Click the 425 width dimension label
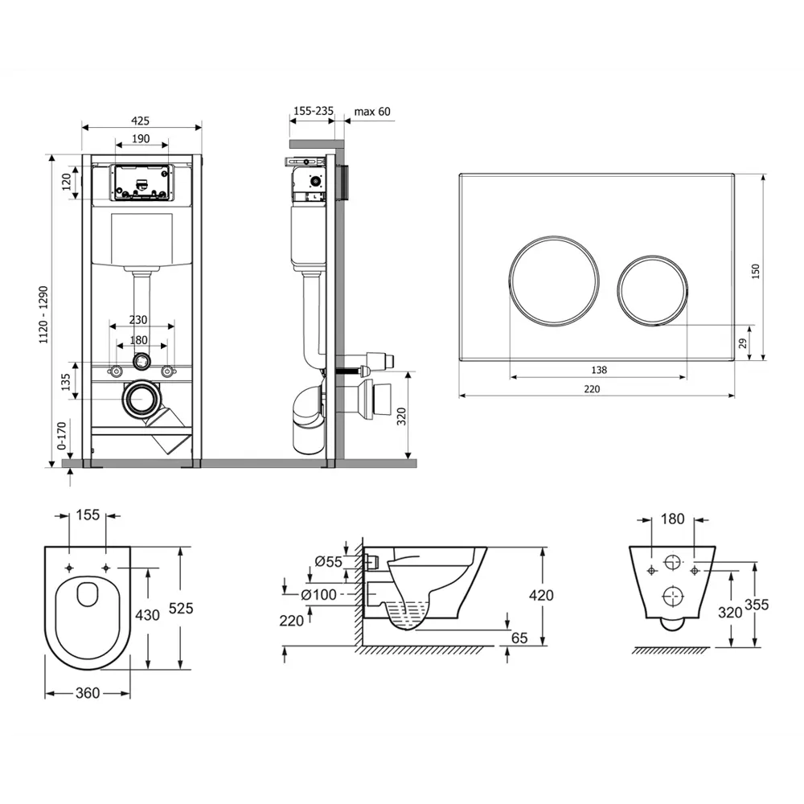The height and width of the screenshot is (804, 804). pyautogui.click(x=140, y=121)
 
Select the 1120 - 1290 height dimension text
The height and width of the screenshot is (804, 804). pyautogui.click(x=43, y=315)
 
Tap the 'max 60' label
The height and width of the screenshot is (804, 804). pyautogui.click(x=371, y=111)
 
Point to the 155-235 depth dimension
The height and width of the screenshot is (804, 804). pyautogui.click(x=314, y=111)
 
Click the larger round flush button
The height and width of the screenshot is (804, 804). pyautogui.click(x=554, y=281)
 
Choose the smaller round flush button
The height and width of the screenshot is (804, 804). pyautogui.click(x=652, y=290)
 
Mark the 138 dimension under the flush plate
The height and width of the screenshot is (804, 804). pyautogui.click(x=599, y=370)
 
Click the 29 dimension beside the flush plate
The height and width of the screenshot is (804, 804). pyautogui.click(x=742, y=343)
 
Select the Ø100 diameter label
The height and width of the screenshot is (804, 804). pyautogui.click(x=318, y=595)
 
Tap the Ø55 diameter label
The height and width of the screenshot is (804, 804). pyautogui.click(x=328, y=561)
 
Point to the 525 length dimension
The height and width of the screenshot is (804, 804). pyautogui.click(x=181, y=608)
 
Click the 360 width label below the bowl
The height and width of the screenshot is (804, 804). pyautogui.click(x=88, y=693)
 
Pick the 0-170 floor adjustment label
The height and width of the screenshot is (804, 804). pyautogui.click(x=62, y=436)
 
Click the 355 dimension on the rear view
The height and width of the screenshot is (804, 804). pyautogui.click(x=757, y=605)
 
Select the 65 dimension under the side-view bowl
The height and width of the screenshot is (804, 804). pyautogui.click(x=519, y=638)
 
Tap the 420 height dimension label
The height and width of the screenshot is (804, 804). pyautogui.click(x=541, y=595)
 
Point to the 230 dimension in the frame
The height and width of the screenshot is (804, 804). pyautogui.click(x=138, y=320)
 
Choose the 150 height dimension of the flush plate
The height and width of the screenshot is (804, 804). pyautogui.click(x=755, y=271)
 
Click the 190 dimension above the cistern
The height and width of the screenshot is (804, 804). pyautogui.click(x=141, y=138)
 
